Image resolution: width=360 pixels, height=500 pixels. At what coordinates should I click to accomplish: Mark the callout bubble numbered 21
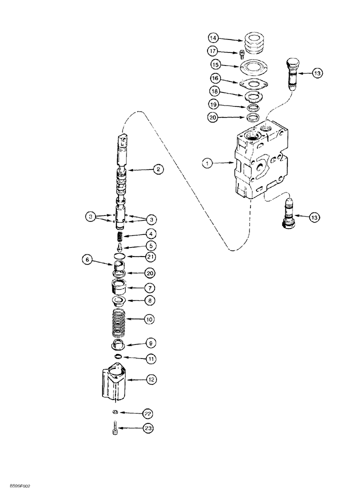click(150, 256)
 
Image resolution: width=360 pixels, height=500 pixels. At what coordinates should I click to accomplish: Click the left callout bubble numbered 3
click(90, 217)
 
